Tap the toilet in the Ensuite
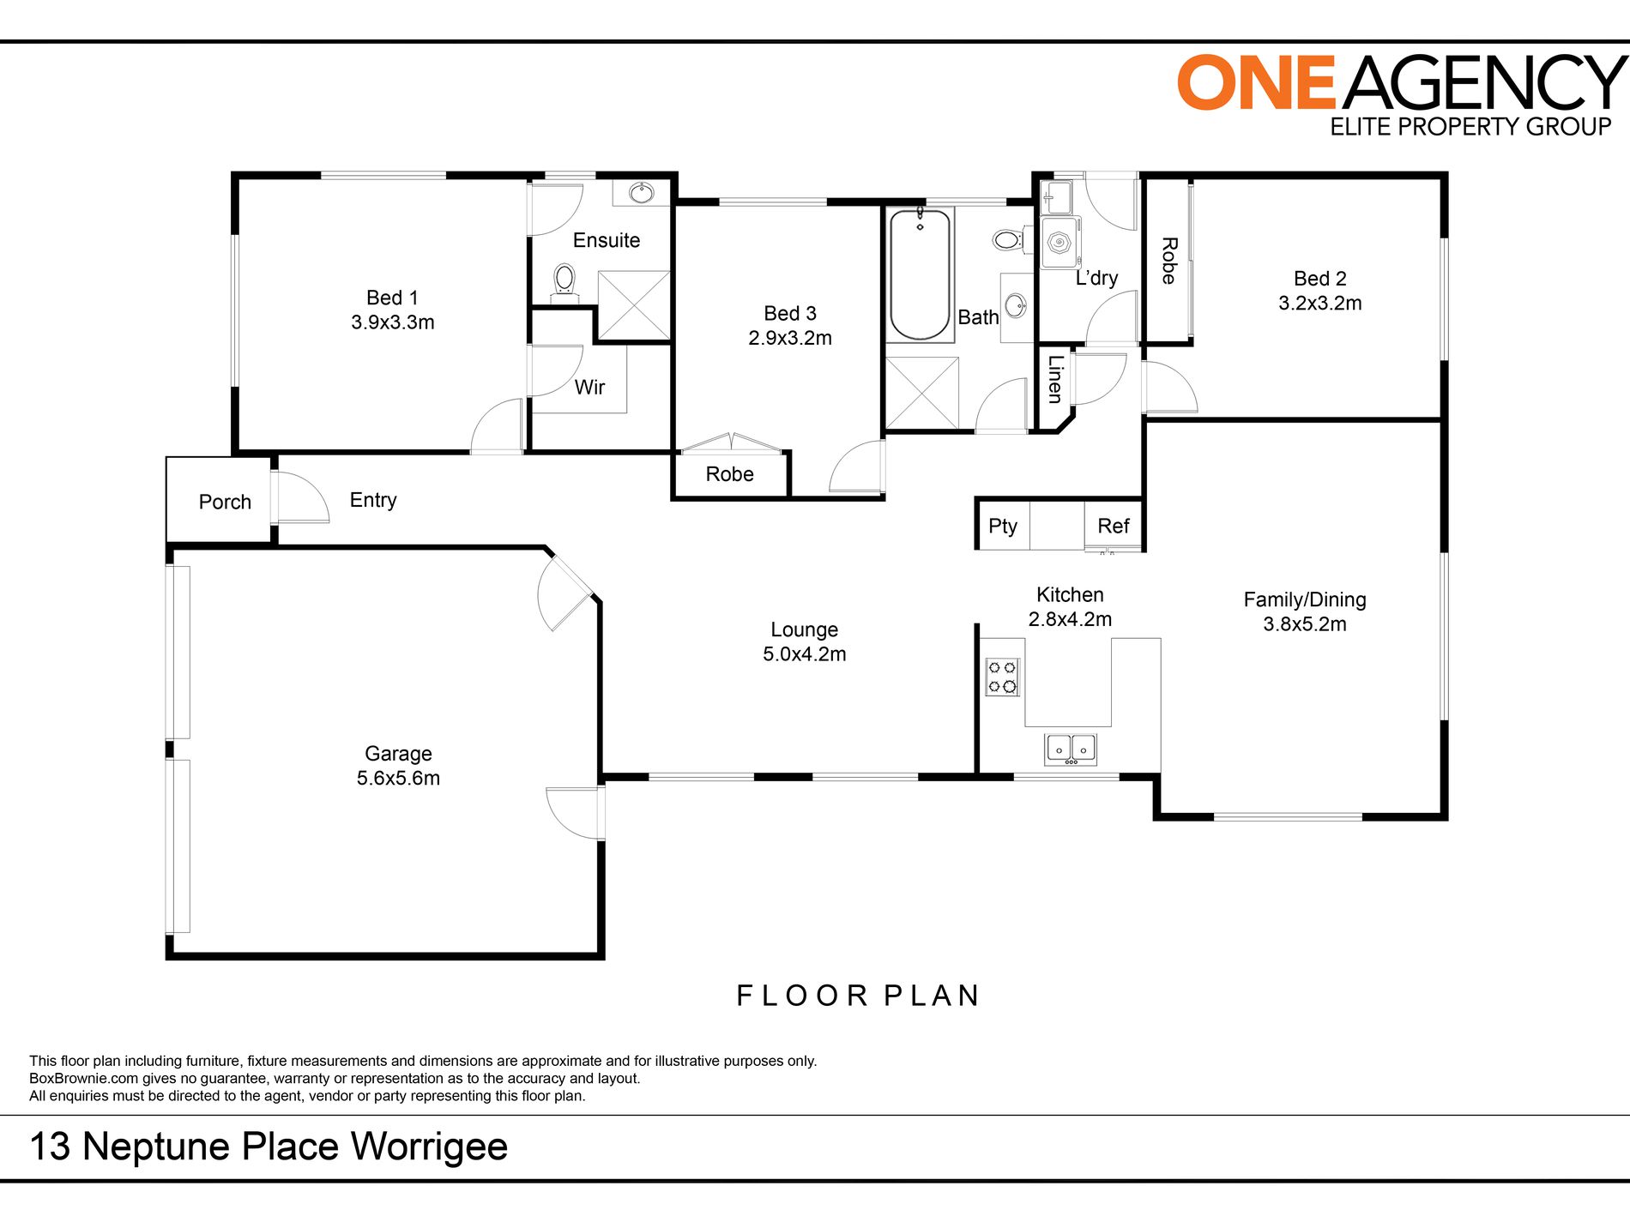(x=564, y=279)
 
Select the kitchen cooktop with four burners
(x=1001, y=677)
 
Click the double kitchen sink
(x=1070, y=749)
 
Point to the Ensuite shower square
(x=633, y=305)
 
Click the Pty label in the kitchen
(x=1002, y=526)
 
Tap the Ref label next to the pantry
(x=1113, y=526)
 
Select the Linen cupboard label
(x=1054, y=379)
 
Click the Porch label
(x=225, y=502)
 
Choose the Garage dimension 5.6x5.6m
(x=398, y=778)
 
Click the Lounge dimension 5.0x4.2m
(x=804, y=653)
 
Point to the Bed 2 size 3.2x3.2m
(x=1319, y=303)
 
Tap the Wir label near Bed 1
(x=589, y=387)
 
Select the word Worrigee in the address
(x=429, y=1147)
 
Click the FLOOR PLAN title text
(x=858, y=996)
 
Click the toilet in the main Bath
(x=1008, y=239)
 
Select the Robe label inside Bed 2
(x=1168, y=261)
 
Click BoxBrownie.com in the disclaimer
(x=83, y=1078)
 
